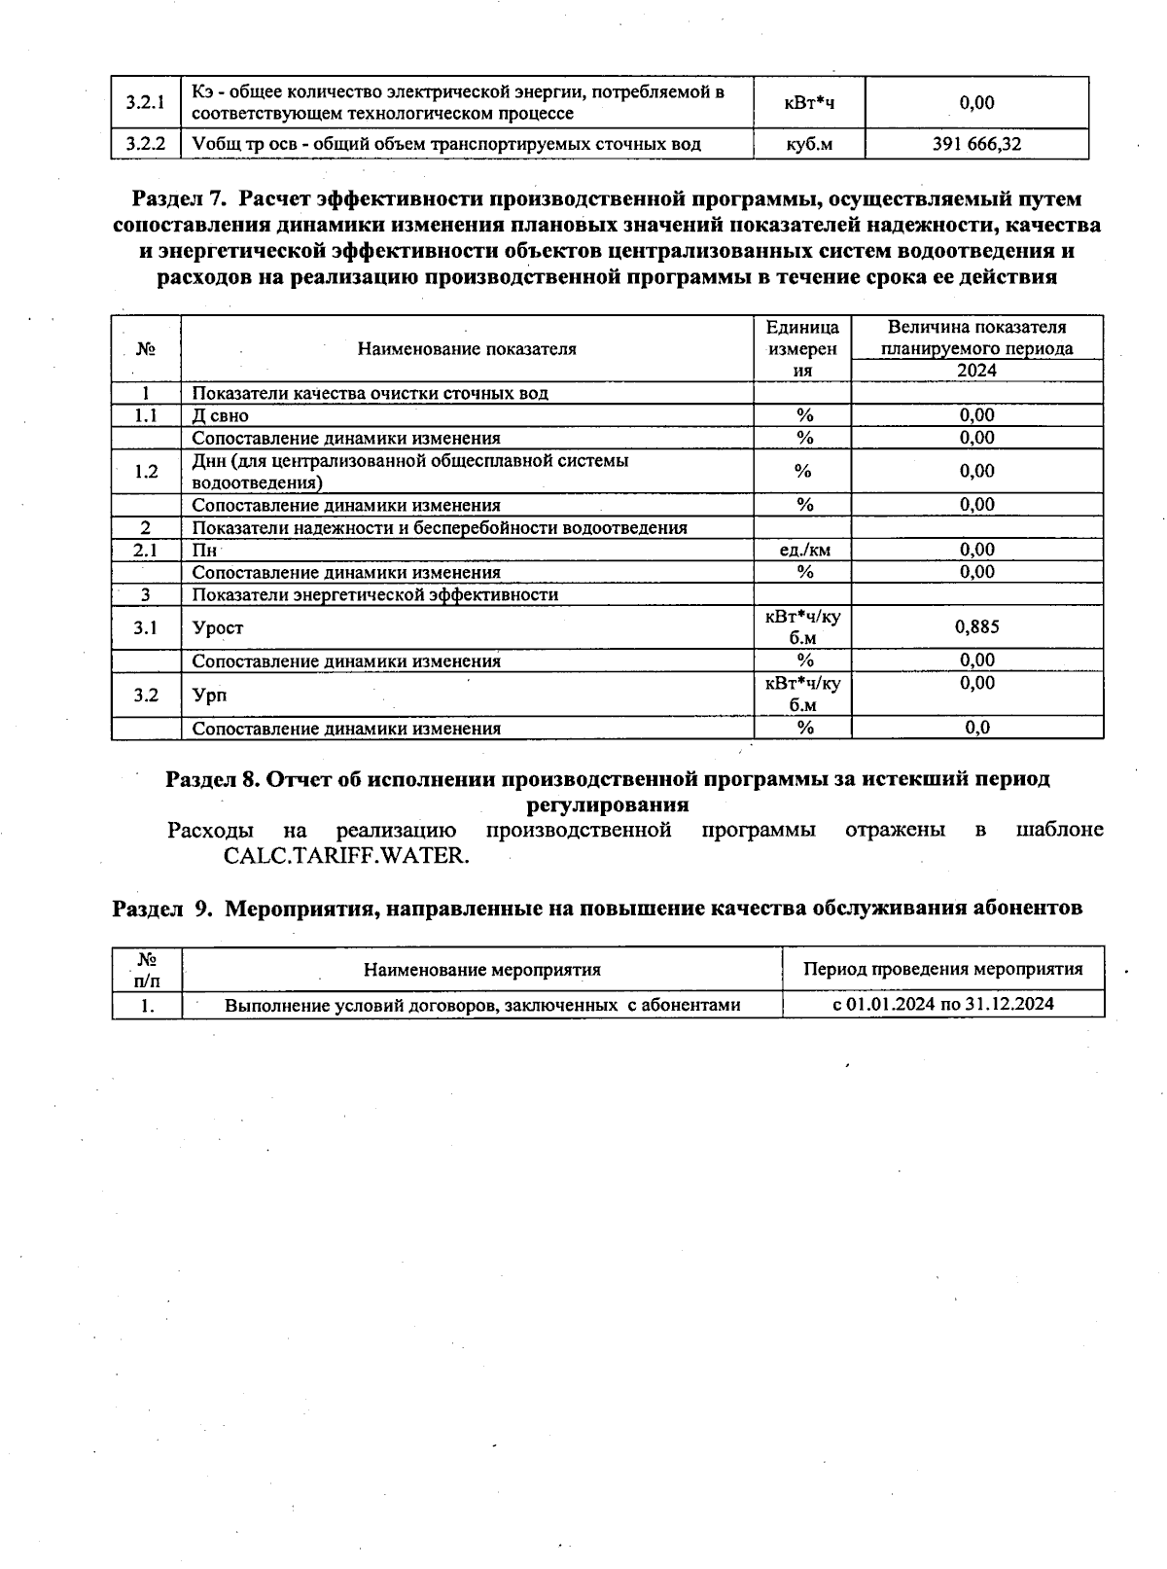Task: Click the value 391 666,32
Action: (976, 145)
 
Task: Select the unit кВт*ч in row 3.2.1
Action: (808, 103)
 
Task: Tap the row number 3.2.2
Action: (145, 145)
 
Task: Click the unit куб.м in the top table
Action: (808, 145)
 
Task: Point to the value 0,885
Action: (976, 627)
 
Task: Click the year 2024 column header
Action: (976, 371)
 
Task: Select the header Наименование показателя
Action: (467, 349)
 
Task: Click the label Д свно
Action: (220, 415)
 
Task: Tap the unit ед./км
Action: (804, 551)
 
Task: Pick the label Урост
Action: (218, 628)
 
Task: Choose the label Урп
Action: (209, 695)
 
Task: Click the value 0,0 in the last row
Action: (976, 728)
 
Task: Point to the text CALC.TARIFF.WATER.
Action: (346, 856)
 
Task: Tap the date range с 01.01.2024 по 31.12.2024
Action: (942, 1004)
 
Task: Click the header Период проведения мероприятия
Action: (942, 969)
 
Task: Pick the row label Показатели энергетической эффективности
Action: (374, 595)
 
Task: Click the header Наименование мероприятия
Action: (481, 970)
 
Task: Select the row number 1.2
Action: (146, 472)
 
